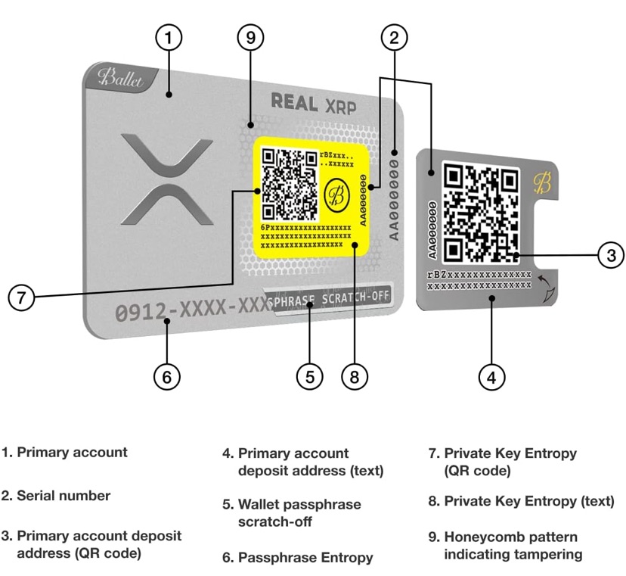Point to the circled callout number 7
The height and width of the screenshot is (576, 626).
point(22,297)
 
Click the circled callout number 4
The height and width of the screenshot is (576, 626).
point(491,376)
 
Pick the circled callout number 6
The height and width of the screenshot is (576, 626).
point(168,376)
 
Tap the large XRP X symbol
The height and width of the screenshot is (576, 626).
point(167,179)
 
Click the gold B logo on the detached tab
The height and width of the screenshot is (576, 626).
point(542,182)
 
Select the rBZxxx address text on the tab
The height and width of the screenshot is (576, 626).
point(479,280)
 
